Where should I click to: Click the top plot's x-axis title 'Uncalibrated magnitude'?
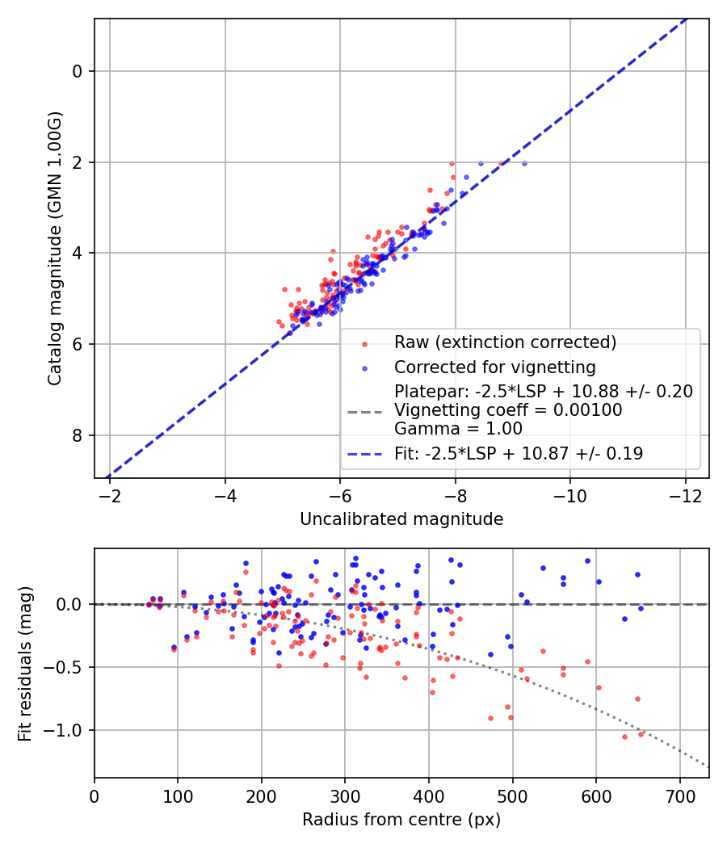pos(401,518)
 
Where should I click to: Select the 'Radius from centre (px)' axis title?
pos(401,820)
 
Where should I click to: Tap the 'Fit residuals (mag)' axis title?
pos(25,664)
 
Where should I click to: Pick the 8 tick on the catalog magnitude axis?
pos(78,435)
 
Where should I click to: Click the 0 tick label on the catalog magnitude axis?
pos(78,71)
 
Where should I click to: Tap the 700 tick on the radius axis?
pos(679,796)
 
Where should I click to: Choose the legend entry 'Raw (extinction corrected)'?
pos(505,342)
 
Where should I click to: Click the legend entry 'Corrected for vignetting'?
pos(494,368)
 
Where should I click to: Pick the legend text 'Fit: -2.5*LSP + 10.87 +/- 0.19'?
pos(519,454)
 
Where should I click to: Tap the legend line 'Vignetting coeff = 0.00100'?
pos(508,410)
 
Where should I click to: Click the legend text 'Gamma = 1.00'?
pos(458,429)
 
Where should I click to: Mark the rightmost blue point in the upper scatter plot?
pos(524,163)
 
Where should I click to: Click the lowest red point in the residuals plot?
pos(624,737)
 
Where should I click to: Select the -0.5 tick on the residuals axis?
pos(67,667)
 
